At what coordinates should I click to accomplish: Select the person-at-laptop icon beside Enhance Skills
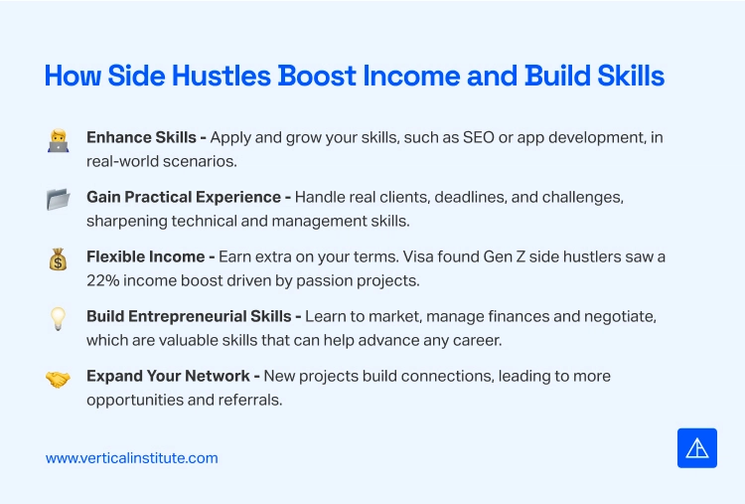(x=58, y=140)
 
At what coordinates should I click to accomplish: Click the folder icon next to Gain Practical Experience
(x=58, y=200)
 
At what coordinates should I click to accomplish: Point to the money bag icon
(x=58, y=259)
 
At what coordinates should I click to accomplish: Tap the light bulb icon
(x=58, y=319)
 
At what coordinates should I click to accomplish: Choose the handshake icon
(x=58, y=379)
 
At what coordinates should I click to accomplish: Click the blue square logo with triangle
(x=696, y=448)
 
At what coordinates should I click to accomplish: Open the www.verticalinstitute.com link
(x=132, y=458)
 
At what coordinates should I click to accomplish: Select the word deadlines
(x=442, y=197)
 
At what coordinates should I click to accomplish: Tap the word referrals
(x=255, y=400)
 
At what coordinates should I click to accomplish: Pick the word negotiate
(x=620, y=316)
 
